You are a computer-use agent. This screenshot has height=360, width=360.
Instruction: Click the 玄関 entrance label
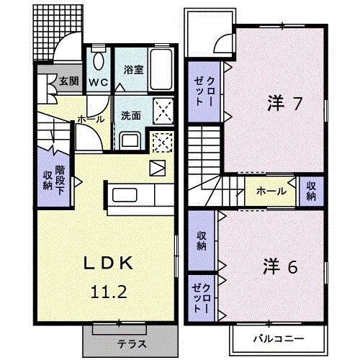click(x=69, y=81)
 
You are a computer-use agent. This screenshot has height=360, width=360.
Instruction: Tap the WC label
click(x=99, y=82)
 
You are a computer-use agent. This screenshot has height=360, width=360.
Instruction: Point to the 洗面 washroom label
click(x=130, y=115)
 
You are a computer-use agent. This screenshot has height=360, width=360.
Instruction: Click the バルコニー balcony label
click(x=278, y=338)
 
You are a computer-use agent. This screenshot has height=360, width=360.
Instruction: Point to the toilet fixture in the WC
click(x=99, y=60)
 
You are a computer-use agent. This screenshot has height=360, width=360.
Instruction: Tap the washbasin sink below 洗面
click(x=130, y=140)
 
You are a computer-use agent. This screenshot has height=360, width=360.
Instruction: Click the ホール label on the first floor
click(x=90, y=120)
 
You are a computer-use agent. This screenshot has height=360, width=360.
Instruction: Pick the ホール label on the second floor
click(x=270, y=191)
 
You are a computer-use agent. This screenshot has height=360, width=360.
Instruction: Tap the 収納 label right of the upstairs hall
click(x=312, y=191)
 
